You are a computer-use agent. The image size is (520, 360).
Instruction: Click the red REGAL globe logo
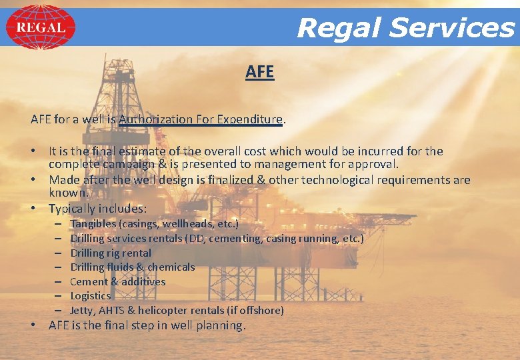click(x=41, y=27)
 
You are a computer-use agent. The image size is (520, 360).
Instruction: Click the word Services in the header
click(x=452, y=28)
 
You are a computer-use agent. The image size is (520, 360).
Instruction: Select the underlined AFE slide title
click(x=259, y=72)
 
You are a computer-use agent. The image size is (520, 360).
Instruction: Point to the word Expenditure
click(x=249, y=119)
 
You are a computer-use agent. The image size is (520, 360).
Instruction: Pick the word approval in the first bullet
click(x=374, y=164)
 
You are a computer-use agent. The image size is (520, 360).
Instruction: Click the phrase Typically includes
click(x=97, y=209)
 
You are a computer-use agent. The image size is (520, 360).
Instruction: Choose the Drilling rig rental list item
click(x=111, y=253)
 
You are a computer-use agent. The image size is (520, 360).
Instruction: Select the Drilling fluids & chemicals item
click(x=133, y=267)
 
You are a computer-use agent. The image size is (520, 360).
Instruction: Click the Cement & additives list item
click(x=118, y=281)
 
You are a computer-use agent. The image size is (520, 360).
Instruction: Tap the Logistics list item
click(x=91, y=295)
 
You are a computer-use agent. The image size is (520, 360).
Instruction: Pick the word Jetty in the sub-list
click(x=83, y=310)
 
